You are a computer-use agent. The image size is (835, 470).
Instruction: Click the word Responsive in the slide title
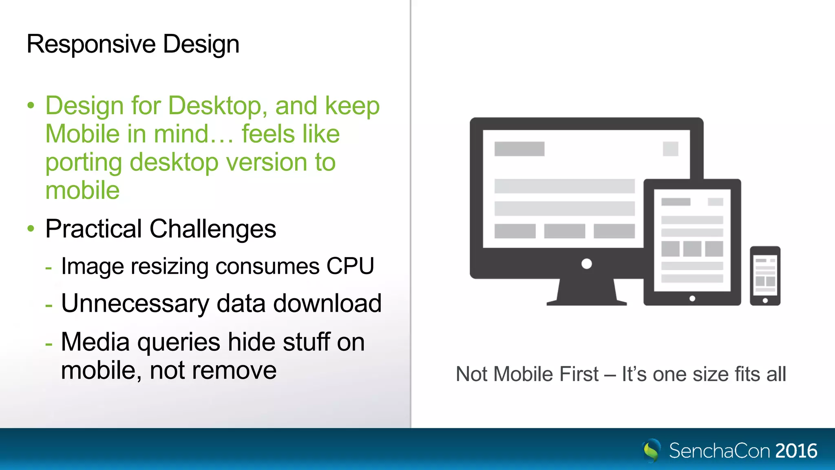91,44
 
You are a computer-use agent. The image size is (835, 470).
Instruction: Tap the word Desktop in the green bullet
214,106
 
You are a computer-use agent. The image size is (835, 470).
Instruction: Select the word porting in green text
84,162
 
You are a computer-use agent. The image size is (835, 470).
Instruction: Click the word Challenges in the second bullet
213,229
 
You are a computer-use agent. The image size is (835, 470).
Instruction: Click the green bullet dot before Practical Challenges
31,228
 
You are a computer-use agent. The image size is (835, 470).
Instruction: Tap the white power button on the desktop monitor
586,264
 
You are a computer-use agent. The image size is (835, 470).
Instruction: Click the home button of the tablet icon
692,299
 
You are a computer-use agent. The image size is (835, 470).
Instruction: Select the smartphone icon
765,276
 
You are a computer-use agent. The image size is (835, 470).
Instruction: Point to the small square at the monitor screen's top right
670,149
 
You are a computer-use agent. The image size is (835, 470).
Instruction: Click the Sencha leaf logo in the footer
652,450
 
